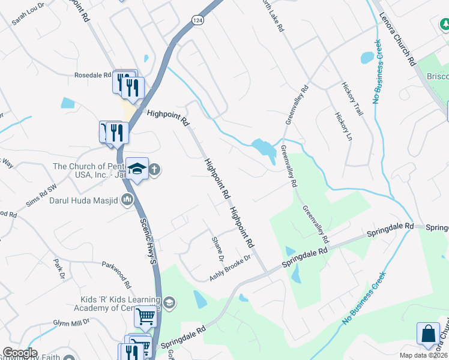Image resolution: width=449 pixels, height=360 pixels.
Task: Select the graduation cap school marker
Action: (x=137, y=170)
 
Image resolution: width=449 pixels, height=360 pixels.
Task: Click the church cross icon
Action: (x=154, y=169)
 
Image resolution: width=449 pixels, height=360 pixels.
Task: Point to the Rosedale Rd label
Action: (x=92, y=76)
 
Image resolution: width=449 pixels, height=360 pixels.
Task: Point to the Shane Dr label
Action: (x=217, y=249)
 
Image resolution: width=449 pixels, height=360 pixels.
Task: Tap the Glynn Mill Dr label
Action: (x=71, y=322)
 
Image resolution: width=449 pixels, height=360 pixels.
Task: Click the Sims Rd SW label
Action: (x=41, y=195)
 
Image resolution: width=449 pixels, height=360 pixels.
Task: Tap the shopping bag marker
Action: (x=429, y=335)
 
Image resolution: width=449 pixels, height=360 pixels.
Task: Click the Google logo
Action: (x=20, y=353)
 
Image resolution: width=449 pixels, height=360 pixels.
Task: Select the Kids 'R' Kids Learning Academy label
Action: (x=120, y=304)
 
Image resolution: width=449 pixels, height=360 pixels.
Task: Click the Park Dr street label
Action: (x=58, y=268)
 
